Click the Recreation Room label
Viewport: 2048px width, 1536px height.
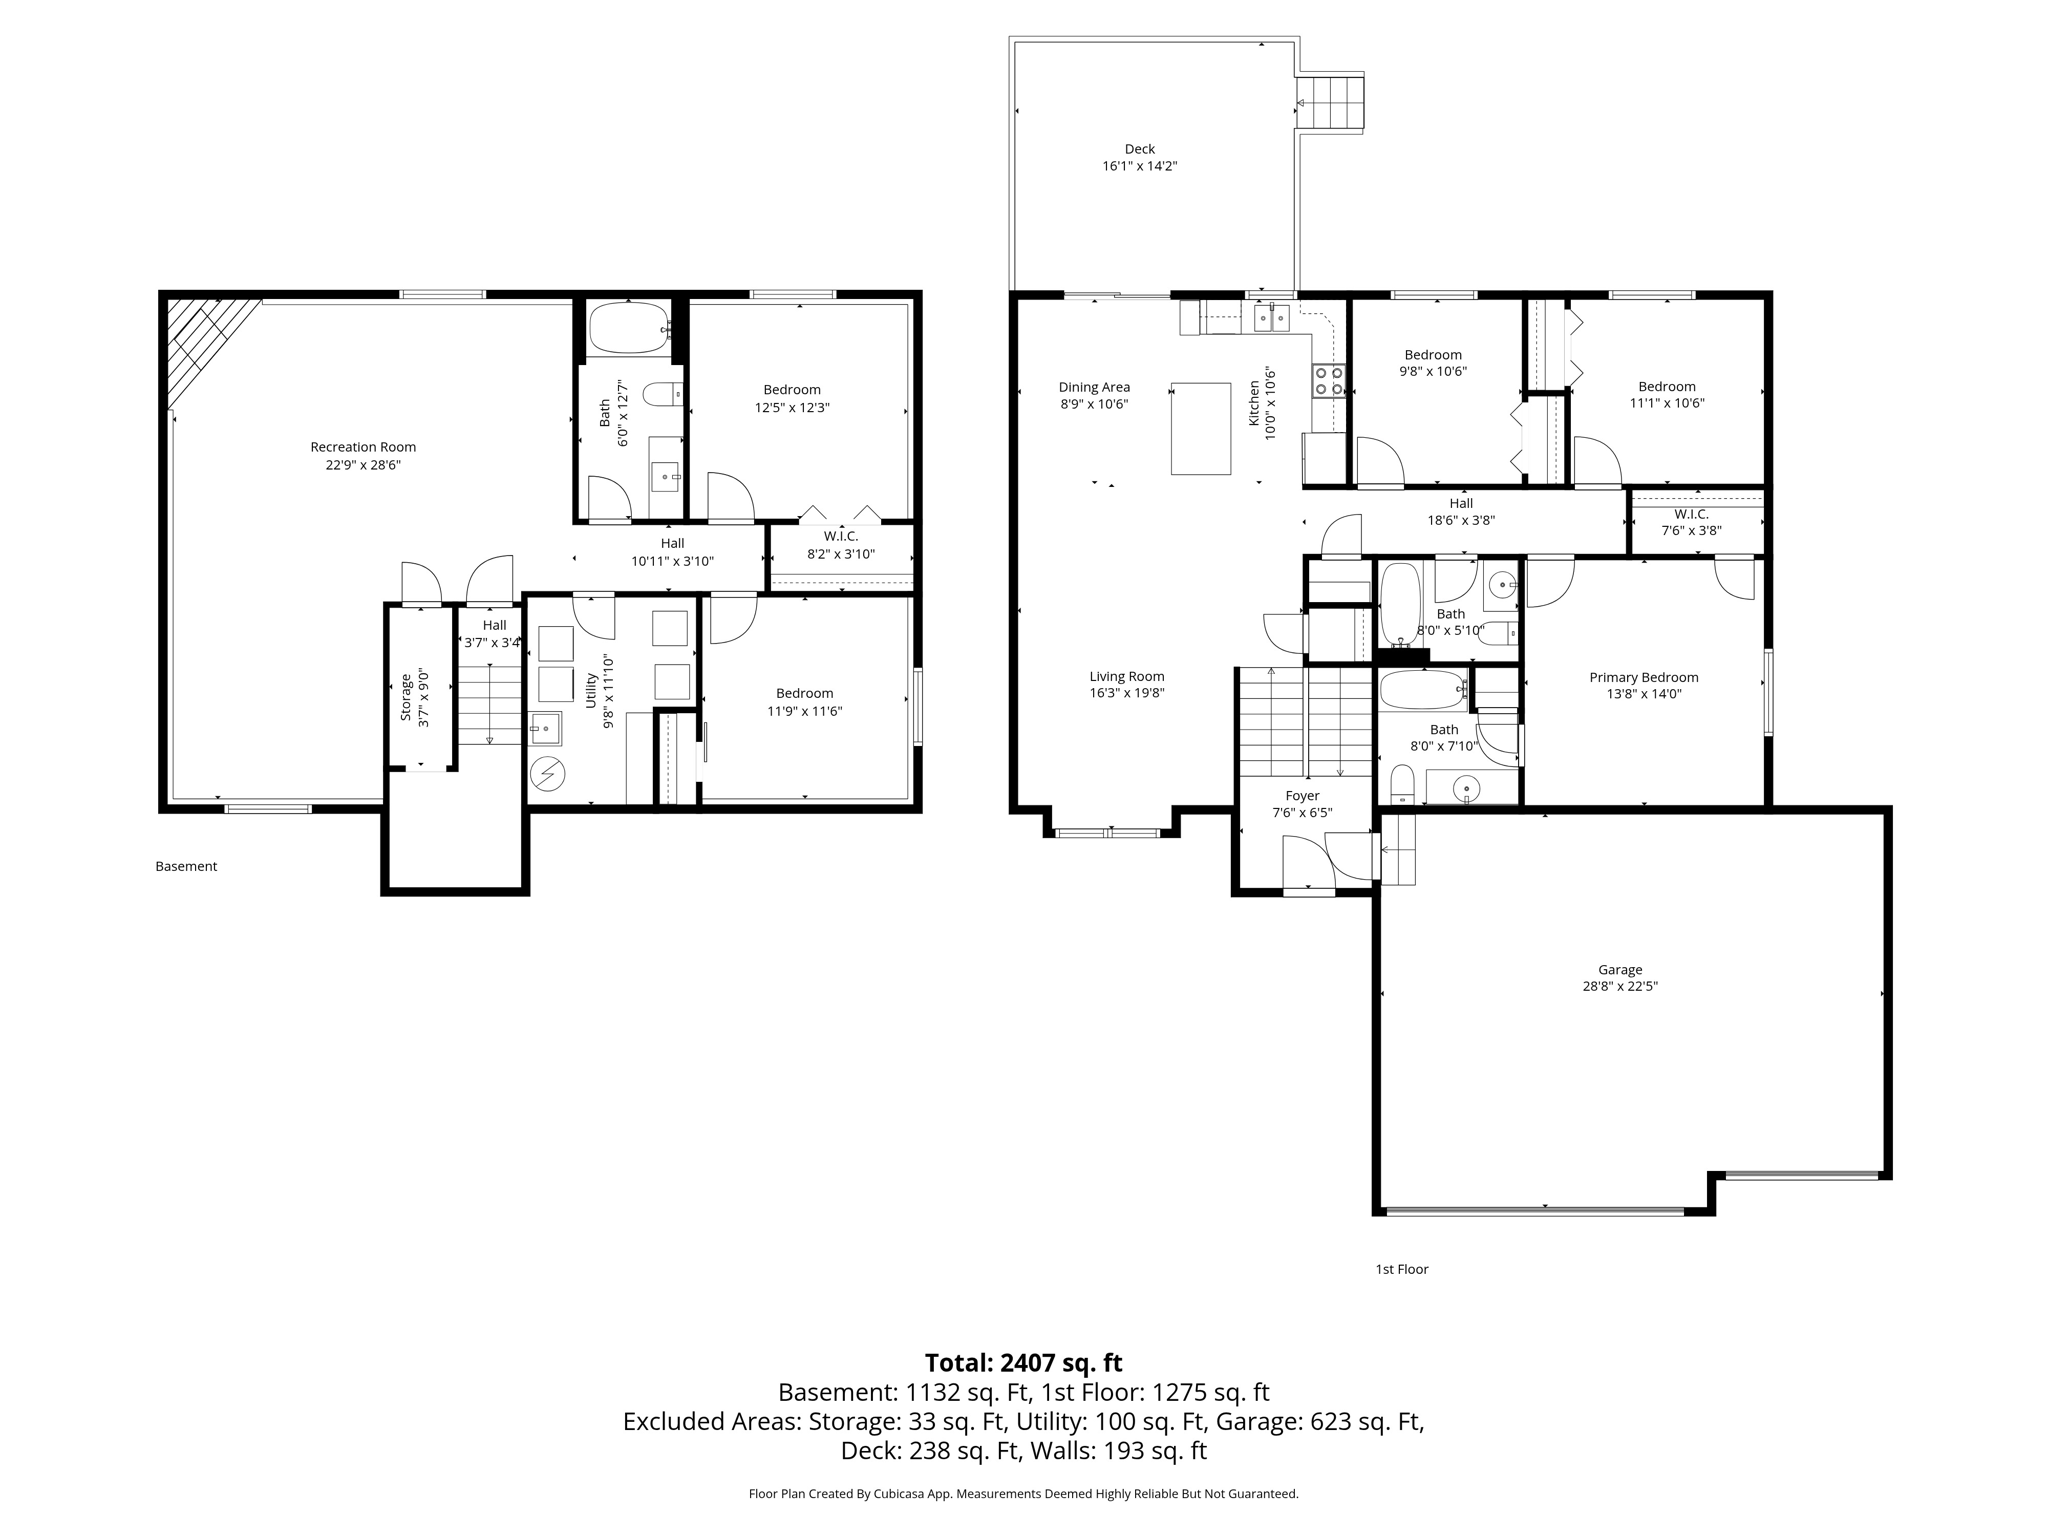(x=363, y=447)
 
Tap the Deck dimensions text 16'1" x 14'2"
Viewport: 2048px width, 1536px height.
(x=1140, y=166)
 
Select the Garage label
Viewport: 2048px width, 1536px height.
(x=1620, y=969)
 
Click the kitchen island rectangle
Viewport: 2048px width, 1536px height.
(x=1201, y=428)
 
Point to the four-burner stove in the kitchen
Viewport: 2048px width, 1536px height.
(x=1329, y=380)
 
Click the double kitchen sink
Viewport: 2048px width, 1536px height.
(x=1272, y=319)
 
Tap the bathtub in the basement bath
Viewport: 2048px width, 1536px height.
(x=629, y=327)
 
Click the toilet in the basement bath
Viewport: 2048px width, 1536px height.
(x=662, y=395)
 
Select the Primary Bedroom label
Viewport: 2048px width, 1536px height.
(x=1644, y=677)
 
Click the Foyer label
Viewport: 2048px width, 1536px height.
(x=1302, y=796)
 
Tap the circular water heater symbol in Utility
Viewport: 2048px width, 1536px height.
(x=547, y=773)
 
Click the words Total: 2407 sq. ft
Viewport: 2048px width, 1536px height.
(x=1023, y=1363)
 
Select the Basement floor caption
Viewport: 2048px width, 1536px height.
(x=186, y=866)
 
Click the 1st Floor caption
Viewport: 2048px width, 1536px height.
(x=1402, y=1269)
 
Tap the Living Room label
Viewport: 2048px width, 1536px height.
(x=1127, y=676)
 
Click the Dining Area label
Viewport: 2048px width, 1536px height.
(x=1094, y=387)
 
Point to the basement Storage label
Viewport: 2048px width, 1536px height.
(x=406, y=697)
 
